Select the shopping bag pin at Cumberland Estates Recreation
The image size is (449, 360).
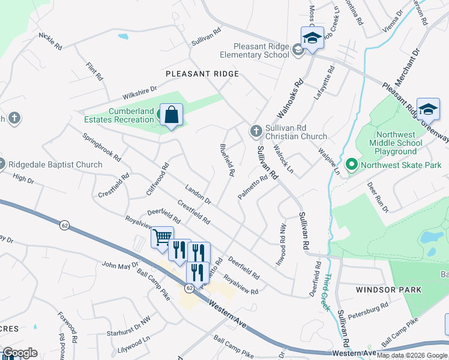(x=172, y=115)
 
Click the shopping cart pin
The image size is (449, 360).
(x=162, y=238)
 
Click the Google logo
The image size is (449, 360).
(x=20, y=353)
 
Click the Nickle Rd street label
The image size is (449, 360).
(x=50, y=41)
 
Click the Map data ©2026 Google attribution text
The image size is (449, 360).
(x=412, y=355)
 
